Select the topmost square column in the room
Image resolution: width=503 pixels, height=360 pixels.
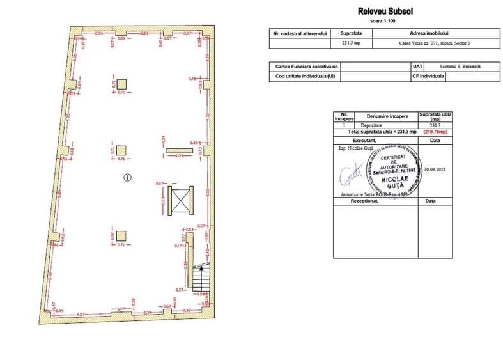121,84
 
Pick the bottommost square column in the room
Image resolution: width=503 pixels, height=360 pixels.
121,236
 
